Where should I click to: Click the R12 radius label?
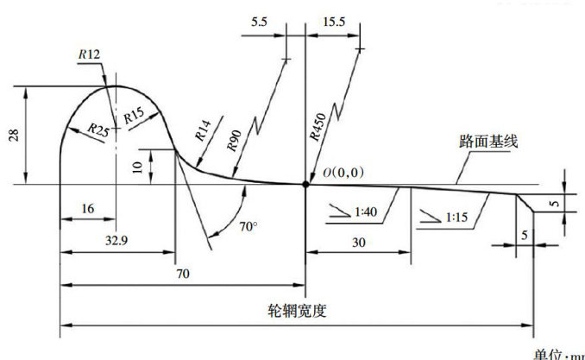[89, 54]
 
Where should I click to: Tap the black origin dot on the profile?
[305, 184]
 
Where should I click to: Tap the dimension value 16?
[86, 209]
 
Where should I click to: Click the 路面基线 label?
[488, 141]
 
